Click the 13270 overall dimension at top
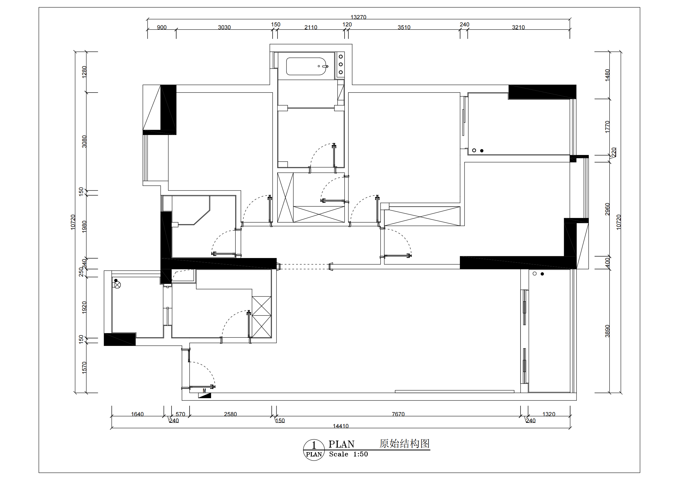358,17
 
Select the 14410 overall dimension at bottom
341,426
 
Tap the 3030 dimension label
224,27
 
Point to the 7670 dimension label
398,414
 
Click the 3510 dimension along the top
404,27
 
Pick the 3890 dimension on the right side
607,331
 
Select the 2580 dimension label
230,414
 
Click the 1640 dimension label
137,414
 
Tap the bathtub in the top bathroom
306,66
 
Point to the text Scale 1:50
348,454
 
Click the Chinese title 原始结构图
405,444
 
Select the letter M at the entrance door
204,391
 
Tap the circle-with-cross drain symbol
117,285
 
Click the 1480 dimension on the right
607,75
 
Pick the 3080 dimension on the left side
84,142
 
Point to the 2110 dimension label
311,27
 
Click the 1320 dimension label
549,414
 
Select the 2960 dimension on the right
607,209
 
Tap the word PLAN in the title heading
342,444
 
